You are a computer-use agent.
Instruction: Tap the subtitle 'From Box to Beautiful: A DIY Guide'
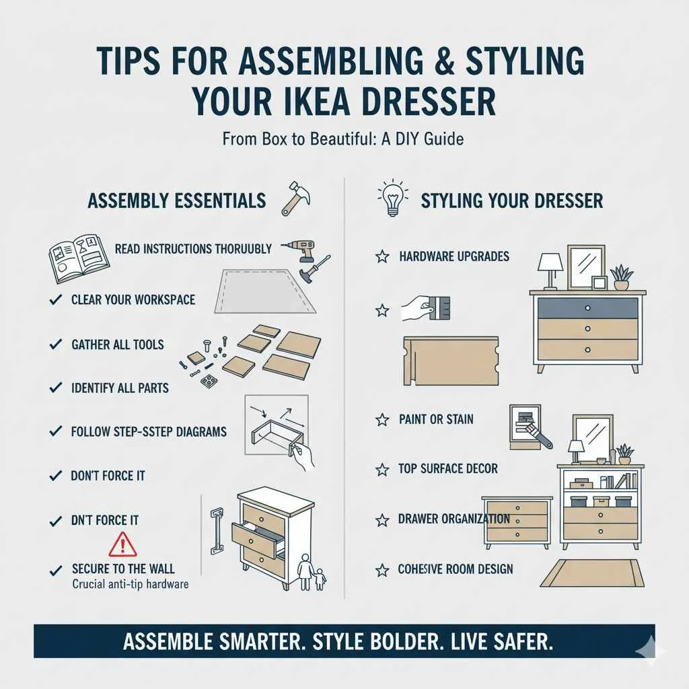(x=343, y=140)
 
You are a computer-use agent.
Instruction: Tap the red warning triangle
(x=122, y=543)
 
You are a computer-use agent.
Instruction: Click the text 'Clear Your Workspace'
(x=133, y=299)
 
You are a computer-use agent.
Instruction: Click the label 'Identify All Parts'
(x=120, y=388)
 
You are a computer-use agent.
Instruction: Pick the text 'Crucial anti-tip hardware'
(x=130, y=584)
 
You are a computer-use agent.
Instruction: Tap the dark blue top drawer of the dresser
(x=587, y=307)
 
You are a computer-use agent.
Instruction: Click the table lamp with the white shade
(x=550, y=268)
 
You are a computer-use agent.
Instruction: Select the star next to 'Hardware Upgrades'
(x=382, y=256)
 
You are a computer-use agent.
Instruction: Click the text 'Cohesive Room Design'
(x=455, y=570)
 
